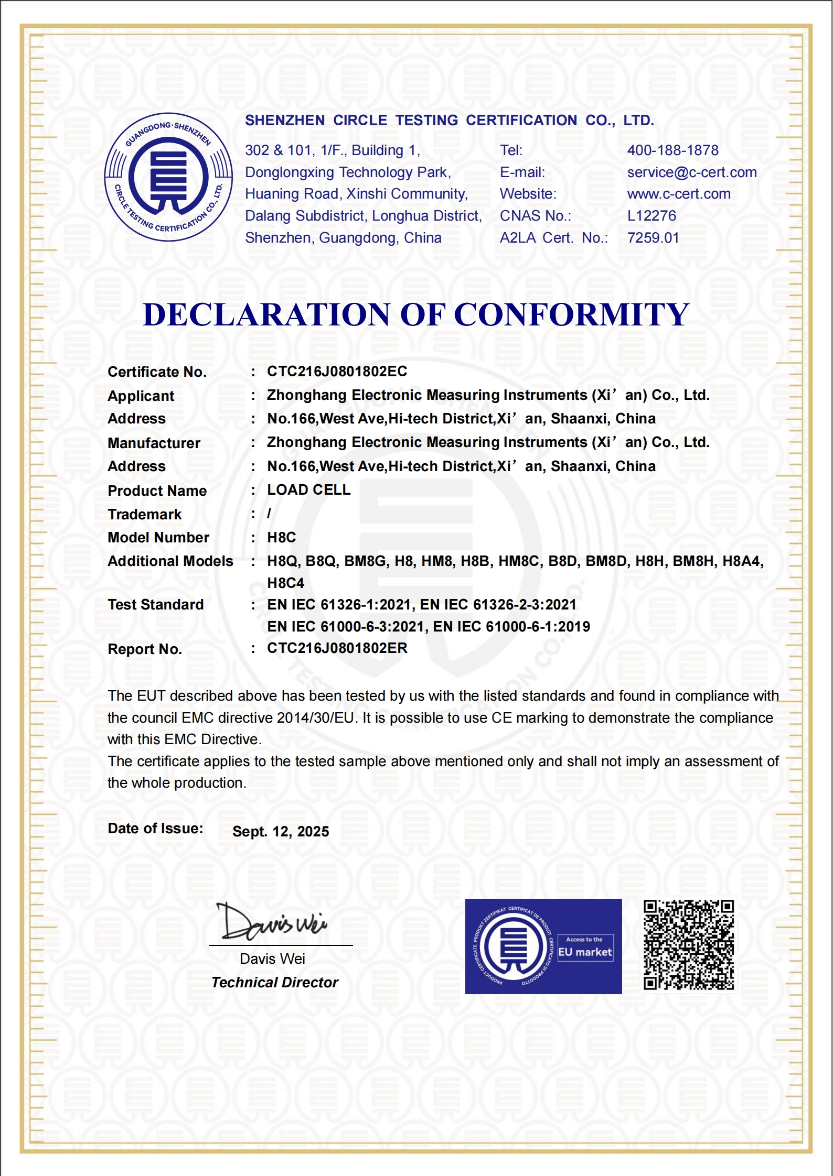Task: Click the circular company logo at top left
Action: point(168,177)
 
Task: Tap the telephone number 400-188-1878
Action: point(672,150)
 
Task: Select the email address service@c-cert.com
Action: point(691,172)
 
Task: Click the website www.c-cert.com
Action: point(678,194)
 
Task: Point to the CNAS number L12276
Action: point(652,216)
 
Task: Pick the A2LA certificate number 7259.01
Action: point(653,238)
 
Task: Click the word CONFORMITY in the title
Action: point(571,315)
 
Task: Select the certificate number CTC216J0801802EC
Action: point(337,372)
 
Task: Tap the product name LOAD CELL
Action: point(308,490)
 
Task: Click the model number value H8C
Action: point(281,538)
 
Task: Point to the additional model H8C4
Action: point(285,583)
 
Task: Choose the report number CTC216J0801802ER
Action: point(337,648)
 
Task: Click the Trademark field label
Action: point(144,515)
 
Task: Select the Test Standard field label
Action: point(155,605)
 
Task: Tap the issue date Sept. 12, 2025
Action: point(281,832)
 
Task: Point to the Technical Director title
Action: point(274,983)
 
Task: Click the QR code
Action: point(689,945)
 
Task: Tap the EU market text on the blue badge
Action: point(585,952)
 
